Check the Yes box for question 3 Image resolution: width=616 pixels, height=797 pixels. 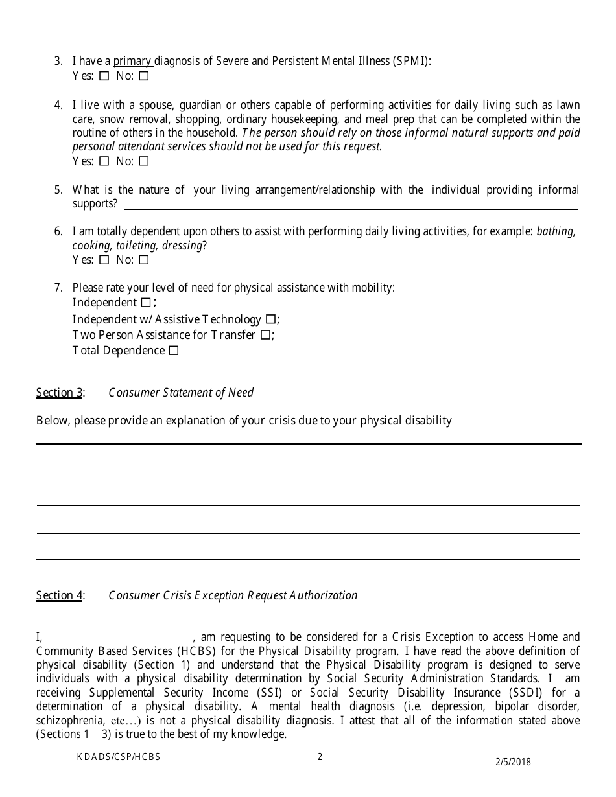pos(104,76)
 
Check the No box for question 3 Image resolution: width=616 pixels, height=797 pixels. pos(144,76)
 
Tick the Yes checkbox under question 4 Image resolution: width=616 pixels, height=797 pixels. pos(104,161)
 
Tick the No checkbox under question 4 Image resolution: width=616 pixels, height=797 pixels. pos(144,161)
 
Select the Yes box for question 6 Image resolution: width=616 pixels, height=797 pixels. pos(104,260)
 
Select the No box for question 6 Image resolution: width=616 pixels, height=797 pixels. pos(144,260)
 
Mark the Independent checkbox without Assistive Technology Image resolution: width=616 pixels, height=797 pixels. pos(146,303)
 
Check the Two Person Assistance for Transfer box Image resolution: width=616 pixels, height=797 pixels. pos(265,335)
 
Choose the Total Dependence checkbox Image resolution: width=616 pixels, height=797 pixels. pos(173,351)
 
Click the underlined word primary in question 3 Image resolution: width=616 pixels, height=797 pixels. pos(133,62)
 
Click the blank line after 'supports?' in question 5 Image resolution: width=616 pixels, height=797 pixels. pos(350,204)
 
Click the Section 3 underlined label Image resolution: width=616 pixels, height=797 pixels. pos(59,393)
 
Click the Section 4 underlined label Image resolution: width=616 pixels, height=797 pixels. pos(59,595)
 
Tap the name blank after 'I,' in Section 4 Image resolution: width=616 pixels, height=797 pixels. pos(118,638)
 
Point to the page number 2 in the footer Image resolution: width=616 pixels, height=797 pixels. pos(320,756)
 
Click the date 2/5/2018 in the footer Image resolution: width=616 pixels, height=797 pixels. pos(514,762)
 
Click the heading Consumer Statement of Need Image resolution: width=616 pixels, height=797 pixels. pos(181,393)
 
